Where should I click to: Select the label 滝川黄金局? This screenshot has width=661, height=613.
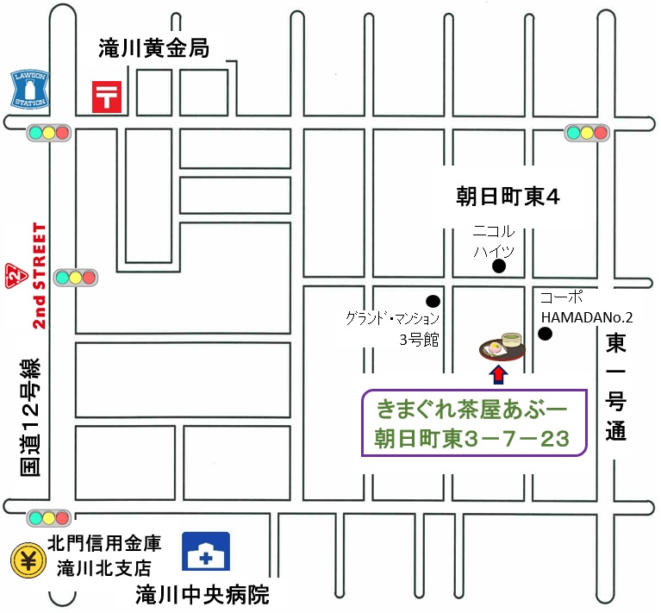click(x=154, y=49)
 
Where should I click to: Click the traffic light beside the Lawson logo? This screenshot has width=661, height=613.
click(x=48, y=133)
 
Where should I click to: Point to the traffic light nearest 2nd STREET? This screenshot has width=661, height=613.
click(x=75, y=278)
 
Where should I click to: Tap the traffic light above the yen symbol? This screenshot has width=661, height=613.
click(x=48, y=518)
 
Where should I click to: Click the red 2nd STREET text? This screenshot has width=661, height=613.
click(x=39, y=275)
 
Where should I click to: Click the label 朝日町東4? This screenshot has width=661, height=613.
click(x=508, y=197)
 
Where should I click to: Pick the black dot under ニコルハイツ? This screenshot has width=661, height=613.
click(x=498, y=267)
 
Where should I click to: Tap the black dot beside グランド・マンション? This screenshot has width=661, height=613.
click(x=433, y=302)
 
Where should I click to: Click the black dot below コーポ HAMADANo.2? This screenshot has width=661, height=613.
click(x=545, y=334)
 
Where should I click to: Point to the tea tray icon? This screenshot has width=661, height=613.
click(x=502, y=345)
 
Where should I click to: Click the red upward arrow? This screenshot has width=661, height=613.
click(x=498, y=373)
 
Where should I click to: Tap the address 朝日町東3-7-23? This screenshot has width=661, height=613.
click(x=472, y=438)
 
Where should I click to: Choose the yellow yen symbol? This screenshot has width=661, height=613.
click(x=28, y=560)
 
